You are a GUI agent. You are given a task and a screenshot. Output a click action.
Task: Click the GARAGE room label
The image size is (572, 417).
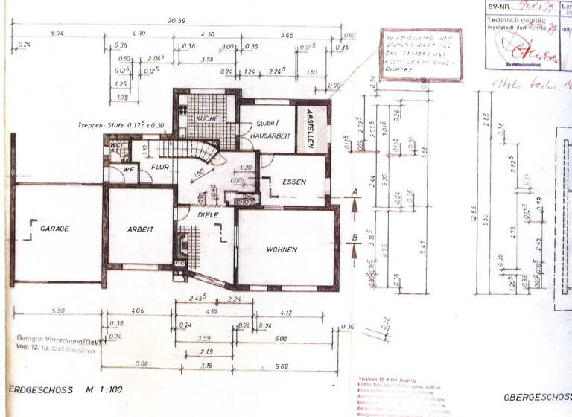pos(55,229)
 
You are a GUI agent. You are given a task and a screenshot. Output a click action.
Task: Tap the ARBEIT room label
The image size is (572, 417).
pos(139,229)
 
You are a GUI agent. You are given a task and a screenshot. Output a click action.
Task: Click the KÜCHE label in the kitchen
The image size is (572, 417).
pos(206,119)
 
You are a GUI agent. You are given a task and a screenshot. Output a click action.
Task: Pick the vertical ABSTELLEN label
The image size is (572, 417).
pos(310,129)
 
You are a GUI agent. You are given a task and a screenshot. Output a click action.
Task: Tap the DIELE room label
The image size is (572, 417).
pos(208,214)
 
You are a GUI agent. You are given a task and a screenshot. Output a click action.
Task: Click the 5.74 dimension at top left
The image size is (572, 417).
pos(57,34)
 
